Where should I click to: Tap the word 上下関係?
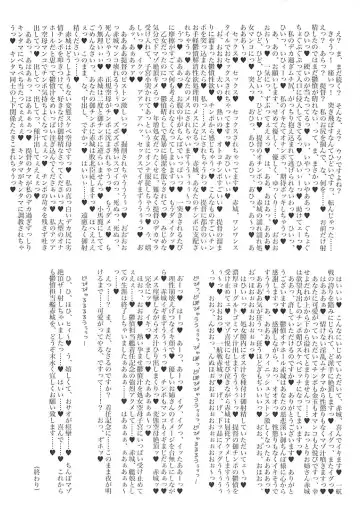tap(30, 200)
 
